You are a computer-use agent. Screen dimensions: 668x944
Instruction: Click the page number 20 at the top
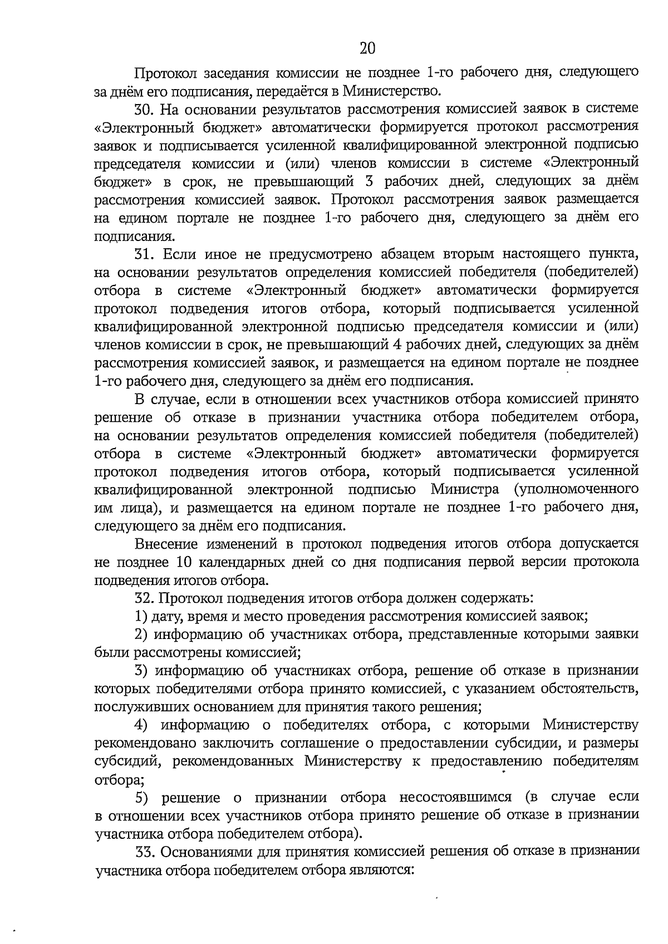(x=367, y=48)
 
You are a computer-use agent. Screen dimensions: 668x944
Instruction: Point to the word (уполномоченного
(x=576, y=490)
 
